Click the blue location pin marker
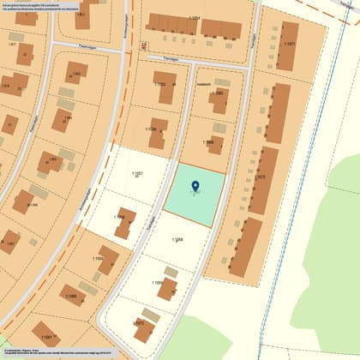coord(195,186)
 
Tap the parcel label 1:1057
coord(137,174)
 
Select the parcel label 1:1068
coord(177,240)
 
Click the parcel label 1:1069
coord(158,283)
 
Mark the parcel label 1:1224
coord(195,18)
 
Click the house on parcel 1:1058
coord(125,223)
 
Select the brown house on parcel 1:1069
coord(167,289)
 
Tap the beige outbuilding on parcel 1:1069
coord(171,272)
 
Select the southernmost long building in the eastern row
coord(245,247)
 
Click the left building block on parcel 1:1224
coord(171,24)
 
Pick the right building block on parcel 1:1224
coord(221,29)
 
